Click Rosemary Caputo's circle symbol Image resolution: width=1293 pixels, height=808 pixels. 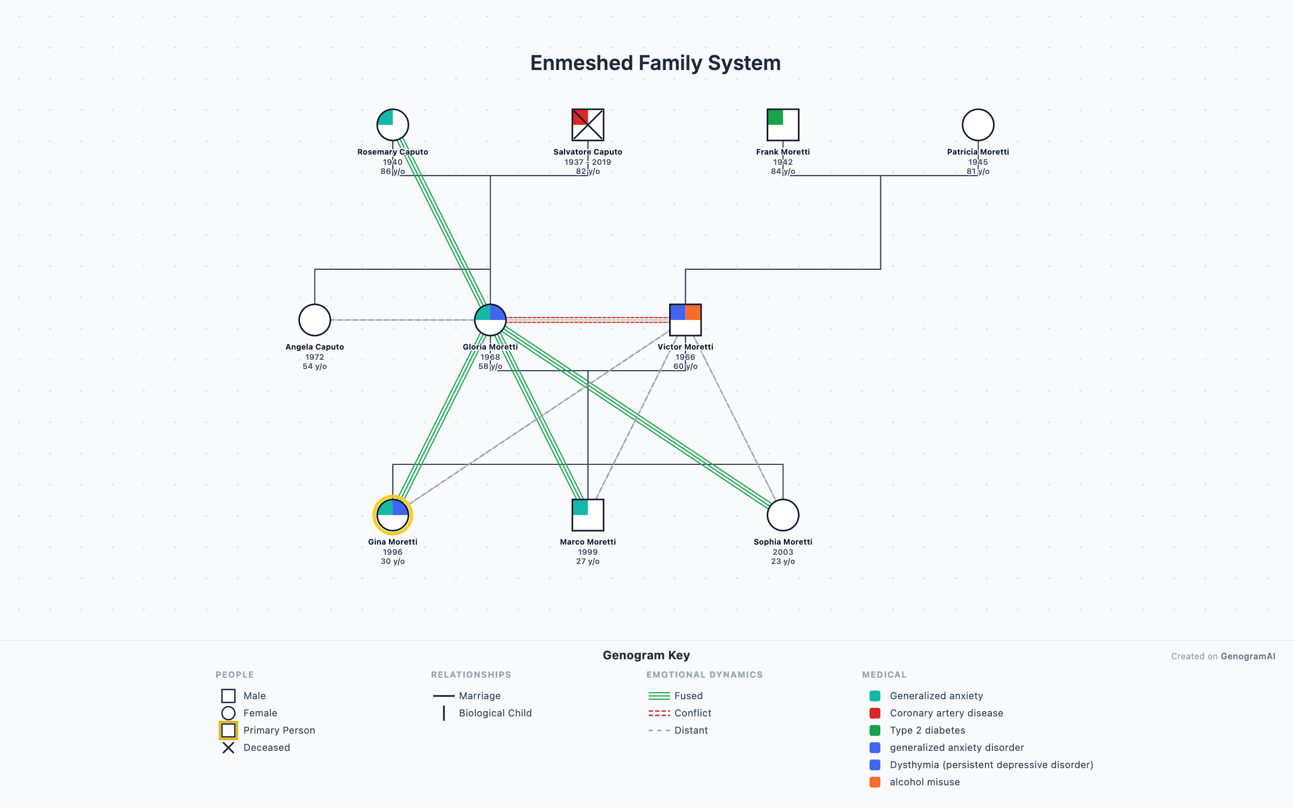393,124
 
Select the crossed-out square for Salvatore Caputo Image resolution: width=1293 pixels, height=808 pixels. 588,124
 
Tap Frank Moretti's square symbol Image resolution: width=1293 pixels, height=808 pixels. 783,124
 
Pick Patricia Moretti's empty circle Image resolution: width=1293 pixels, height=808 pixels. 978,124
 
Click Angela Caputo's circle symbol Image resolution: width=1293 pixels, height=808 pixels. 315,320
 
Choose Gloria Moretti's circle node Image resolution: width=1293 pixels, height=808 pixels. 490,320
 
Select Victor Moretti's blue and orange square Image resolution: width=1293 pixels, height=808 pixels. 685,320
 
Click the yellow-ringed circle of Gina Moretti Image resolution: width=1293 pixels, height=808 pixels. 393,515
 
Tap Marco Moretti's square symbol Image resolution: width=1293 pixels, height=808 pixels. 588,515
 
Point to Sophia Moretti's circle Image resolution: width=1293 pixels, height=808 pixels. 783,515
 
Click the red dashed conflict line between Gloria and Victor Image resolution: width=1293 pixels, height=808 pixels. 587,320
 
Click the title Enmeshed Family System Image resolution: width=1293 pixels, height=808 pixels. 655,63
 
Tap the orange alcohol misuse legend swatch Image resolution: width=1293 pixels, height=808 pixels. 875,782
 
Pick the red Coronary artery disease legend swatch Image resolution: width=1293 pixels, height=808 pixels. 875,713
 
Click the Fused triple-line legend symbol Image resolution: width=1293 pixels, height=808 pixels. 659,696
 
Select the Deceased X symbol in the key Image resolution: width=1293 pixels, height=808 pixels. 228,748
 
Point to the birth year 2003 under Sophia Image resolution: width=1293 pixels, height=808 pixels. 783,552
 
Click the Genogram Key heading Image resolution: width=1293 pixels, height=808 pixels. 646,655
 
